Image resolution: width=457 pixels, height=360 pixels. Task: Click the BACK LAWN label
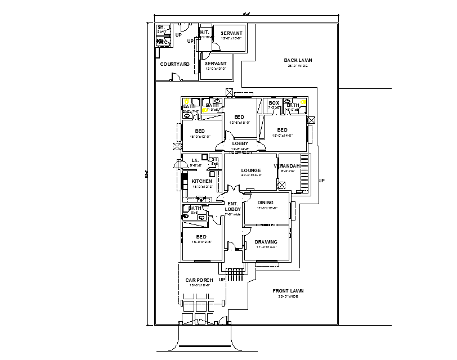298,60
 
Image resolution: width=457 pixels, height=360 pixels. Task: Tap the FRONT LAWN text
288,291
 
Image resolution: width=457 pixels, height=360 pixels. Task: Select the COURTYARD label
174,65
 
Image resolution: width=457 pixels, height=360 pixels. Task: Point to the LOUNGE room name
250,170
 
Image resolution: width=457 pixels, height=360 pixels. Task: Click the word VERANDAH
286,166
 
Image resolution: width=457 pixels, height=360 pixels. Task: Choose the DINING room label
265,202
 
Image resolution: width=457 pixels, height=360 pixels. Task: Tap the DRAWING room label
266,242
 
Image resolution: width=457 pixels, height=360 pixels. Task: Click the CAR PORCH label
198,280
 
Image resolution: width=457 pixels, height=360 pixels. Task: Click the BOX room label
274,103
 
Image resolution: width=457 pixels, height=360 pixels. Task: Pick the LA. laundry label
195,160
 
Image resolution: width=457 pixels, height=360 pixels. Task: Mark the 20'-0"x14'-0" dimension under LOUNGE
250,175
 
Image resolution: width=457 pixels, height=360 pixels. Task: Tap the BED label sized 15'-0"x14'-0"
282,130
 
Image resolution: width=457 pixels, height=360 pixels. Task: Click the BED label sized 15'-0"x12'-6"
201,237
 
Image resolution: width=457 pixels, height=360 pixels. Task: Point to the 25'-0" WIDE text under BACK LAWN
298,66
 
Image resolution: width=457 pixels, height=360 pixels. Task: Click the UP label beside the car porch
222,280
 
